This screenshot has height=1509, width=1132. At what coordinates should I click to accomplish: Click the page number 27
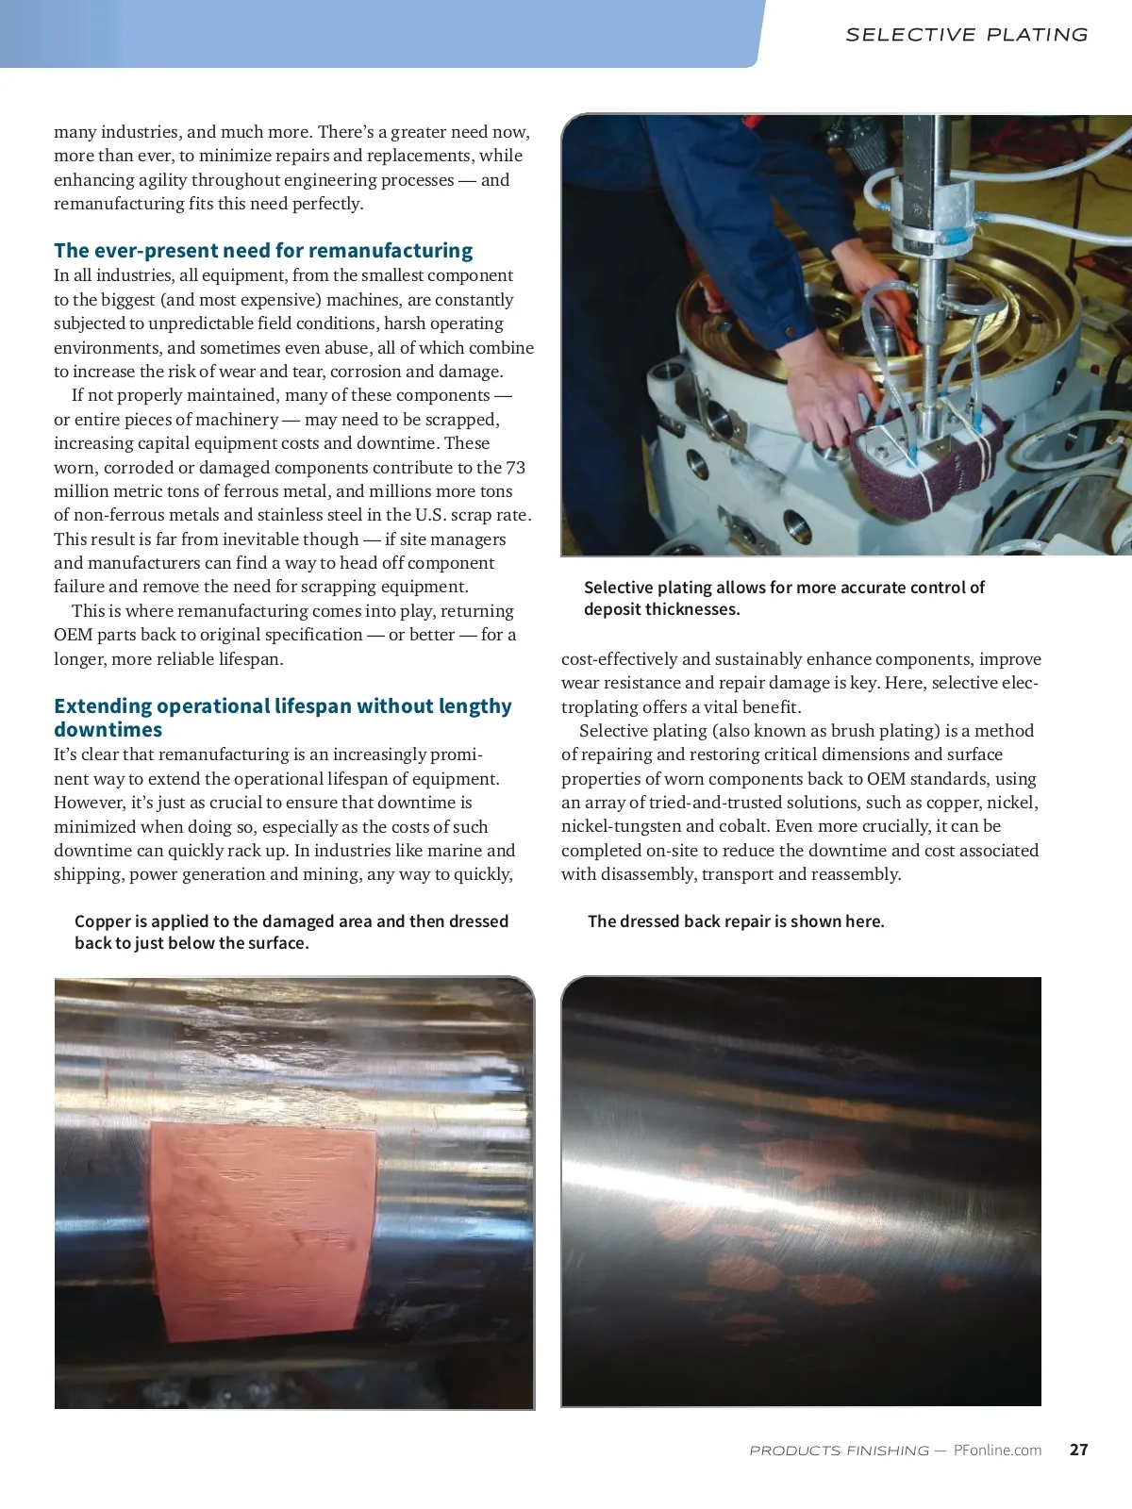[1078, 1450]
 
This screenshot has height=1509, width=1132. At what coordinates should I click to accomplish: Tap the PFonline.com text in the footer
[997, 1451]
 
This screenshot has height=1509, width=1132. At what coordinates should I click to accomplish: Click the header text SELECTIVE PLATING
[966, 35]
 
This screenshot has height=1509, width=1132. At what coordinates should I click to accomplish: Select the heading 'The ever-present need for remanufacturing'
[263, 251]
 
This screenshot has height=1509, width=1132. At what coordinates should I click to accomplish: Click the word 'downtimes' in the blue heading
[108, 730]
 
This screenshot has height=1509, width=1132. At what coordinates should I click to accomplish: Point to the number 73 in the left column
[515, 468]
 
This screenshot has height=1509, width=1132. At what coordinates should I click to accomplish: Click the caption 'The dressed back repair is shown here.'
[736, 921]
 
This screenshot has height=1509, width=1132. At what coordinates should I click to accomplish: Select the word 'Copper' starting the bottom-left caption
[103, 921]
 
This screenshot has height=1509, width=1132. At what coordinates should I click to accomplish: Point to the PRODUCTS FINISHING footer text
[839, 1451]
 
